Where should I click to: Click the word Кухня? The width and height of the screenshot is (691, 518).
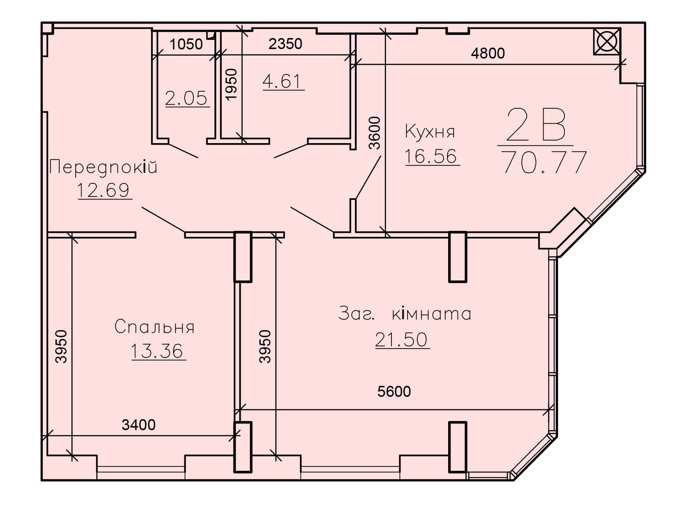tap(430, 132)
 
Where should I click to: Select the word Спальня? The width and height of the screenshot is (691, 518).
tap(154, 327)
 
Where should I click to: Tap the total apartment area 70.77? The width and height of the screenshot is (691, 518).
tap(545, 162)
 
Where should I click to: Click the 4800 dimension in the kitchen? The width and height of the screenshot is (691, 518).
tap(488, 53)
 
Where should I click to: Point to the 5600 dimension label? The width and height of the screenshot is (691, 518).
tap(394, 392)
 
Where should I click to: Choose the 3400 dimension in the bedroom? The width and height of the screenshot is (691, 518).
tap(139, 425)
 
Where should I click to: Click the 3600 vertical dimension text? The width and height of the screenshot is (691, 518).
tap(375, 133)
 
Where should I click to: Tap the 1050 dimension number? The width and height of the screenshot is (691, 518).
tap(186, 44)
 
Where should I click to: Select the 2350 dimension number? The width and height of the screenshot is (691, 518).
tap(285, 44)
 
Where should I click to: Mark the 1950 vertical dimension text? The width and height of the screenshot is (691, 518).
tap(232, 84)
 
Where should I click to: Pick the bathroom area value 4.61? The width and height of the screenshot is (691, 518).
tap(283, 81)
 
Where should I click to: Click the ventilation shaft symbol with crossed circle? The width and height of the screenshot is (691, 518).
tap(607, 41)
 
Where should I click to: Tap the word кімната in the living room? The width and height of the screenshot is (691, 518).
tap(432, 314)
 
